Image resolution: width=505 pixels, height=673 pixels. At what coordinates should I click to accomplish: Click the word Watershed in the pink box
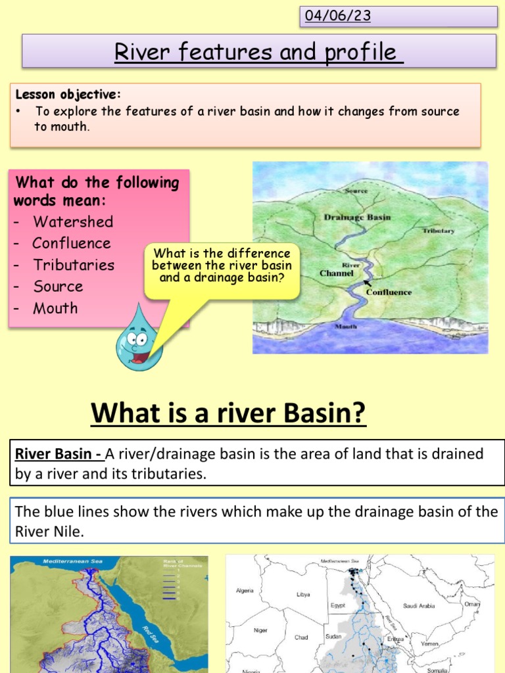pos(73,221)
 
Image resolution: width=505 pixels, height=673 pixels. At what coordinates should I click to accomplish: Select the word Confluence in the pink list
pos(72,243)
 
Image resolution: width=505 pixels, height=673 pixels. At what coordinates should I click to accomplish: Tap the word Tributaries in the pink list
pos(74,265)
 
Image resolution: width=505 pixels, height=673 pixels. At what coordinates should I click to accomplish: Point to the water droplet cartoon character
pos(138,338)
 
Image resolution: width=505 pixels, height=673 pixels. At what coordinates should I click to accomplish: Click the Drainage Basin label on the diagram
pos(357,216)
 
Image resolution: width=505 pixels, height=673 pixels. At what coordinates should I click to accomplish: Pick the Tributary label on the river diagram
pos(439,231)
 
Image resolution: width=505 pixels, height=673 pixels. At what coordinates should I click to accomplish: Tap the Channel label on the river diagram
pos(337,273)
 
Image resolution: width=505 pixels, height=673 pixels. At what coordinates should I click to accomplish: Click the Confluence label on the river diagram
pos(389,292)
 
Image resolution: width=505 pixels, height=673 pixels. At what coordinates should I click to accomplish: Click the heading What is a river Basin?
pos(228,413)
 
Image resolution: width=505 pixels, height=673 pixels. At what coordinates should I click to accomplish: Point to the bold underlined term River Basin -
pos(58,454)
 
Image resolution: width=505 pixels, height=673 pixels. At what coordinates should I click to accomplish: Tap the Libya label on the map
pos(303,594)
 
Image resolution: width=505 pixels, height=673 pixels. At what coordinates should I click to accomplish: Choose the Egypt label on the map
pos(337,605)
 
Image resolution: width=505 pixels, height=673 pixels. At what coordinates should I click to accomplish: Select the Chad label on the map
pos(301,637)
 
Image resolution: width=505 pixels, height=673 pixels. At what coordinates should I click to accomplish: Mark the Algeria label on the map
pos(245,591)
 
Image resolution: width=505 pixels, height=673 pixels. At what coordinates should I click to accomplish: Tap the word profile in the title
pos(362,52)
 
